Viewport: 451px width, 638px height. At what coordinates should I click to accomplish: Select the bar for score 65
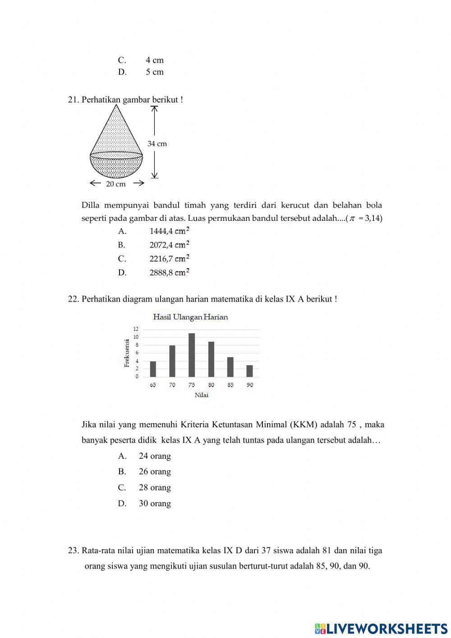pos(153,369)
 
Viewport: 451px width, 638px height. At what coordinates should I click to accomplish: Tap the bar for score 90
pos(249,371)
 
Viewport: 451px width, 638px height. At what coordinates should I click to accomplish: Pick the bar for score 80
pos(211,359)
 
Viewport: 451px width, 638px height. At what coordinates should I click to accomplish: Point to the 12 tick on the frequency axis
pos(136,329)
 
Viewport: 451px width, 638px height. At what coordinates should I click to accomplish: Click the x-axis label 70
pos(172,385)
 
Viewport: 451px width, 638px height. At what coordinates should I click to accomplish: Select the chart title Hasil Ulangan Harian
pos(190,317)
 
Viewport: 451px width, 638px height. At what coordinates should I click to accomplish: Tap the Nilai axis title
pos(201,395)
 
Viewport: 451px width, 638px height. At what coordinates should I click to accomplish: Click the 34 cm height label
pos(157,144)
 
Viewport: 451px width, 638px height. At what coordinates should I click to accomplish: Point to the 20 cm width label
pos(116,184)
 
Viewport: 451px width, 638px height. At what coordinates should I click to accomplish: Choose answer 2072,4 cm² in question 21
pos(169,245)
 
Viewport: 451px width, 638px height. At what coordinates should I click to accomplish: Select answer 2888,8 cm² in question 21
pos(169,272)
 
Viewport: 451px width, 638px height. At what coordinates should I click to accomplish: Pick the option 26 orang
pos(155,471)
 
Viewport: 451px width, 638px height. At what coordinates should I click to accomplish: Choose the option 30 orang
pos(155,503)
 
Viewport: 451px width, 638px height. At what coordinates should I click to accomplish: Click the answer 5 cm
pos(154,72)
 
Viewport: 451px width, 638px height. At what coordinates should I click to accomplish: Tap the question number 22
pos(74,299)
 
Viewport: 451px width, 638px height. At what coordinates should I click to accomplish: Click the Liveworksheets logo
pos(381,628)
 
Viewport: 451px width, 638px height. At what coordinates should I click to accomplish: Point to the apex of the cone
pos(117,105)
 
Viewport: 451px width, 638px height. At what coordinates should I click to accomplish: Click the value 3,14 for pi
pos(373,219)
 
